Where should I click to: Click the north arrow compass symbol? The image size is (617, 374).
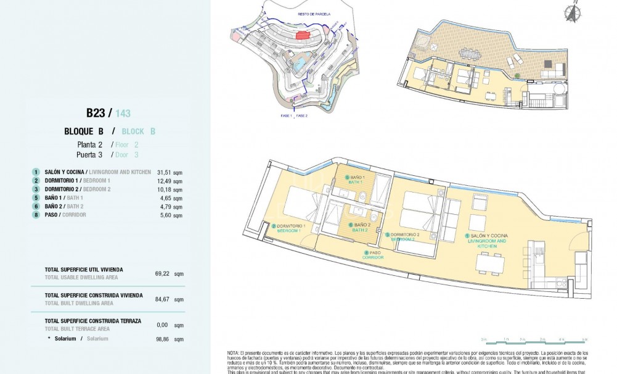click(573, 13)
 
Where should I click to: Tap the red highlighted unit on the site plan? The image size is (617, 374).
click(302, 36)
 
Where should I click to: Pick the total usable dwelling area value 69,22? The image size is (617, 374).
click(163, 273)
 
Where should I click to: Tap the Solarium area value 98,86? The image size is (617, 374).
click(163, 339)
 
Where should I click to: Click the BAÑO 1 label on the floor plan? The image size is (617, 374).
click(358, 180)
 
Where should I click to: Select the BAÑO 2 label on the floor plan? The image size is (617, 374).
click(361, 227)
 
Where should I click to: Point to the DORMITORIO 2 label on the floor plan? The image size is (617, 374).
click(404, 236)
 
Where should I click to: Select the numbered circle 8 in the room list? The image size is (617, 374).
click(36, 215)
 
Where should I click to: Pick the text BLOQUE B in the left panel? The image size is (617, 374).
click(83, 131)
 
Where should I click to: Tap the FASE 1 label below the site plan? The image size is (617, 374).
click(285, 116)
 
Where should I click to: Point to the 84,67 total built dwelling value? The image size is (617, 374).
click(163, 299)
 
